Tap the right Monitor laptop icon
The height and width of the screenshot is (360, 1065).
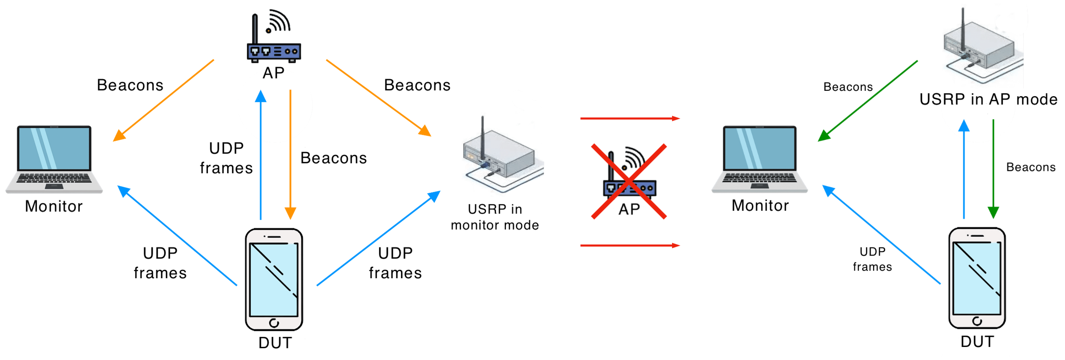click(759, 159)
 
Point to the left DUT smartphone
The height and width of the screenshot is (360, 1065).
click(274, 279)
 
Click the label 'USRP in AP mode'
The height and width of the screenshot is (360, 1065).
click(988, 100)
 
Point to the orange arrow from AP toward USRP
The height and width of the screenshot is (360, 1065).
click(378, 98)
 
